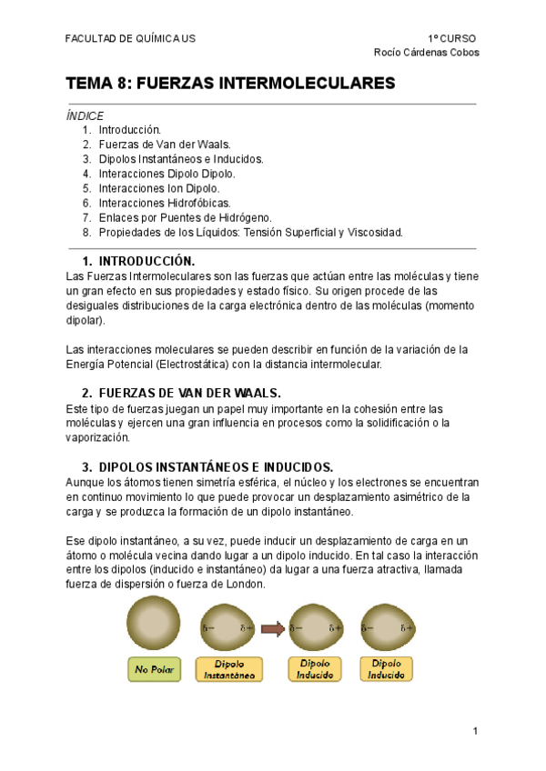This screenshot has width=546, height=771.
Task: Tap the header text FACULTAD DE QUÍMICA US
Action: pos(129,38)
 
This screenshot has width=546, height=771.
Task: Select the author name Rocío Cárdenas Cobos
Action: pos(427,52)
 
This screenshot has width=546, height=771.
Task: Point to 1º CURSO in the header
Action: pos(451,38)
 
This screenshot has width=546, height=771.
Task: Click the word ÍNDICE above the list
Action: pos(85,115)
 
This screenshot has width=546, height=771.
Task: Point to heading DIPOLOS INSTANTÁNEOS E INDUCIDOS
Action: pos(215,466)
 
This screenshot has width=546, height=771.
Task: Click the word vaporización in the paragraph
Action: pos(99,437)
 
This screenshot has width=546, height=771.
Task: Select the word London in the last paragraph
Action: pos(244,584)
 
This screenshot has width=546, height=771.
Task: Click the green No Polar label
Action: pos(153,670)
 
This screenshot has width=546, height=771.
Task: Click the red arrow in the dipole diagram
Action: pos(271,627)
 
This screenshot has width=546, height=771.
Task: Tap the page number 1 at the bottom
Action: pos(475,731)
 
